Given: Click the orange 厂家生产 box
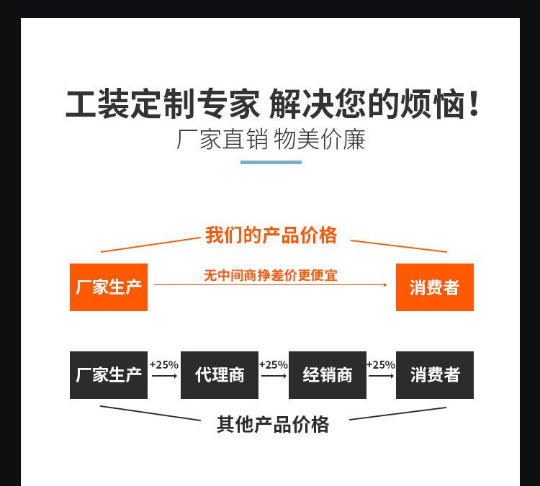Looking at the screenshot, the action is [109, 287].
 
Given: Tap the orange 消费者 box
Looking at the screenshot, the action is [434, 287].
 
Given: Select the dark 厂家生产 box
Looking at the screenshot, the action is [109, 375].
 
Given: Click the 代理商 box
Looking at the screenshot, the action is [220, 375].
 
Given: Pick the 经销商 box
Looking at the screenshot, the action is [327, 375].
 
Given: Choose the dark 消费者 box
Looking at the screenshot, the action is [434, 375].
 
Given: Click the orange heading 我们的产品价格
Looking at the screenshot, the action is [271, 235].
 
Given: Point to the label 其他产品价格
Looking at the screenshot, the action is [273, 424].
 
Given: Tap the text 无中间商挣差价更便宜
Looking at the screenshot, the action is [271, 275].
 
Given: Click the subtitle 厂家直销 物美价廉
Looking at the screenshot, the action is [271, 139].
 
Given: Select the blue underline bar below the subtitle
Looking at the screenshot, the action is [271, 162].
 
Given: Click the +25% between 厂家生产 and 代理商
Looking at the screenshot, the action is [164, 365].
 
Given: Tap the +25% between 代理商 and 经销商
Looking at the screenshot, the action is [274, 365].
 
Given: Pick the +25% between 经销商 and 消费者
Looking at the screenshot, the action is [381, 365].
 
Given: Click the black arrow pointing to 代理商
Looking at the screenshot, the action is [165, 376].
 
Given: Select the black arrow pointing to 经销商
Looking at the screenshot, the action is [274, 376].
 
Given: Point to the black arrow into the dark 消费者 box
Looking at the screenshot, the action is [381, 376].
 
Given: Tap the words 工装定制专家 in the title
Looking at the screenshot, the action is [162, 105].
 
